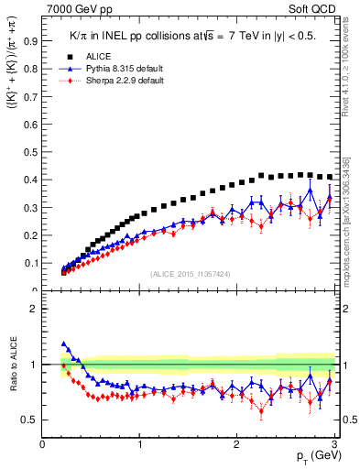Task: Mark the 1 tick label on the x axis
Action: pyautogui.click(x=140, y=444)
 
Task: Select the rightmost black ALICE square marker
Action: pyautogui.click(x=329, y=177)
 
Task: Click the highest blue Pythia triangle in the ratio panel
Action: pyautogui.click(x=63, y=344)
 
